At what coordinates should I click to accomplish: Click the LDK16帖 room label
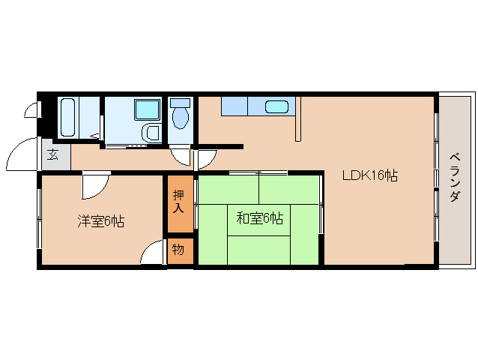(x=369, y=175)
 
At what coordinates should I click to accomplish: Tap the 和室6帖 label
(x=259, y=218)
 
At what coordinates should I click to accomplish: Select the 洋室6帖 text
(x=100, y=221)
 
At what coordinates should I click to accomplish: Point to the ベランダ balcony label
(x=455, y=177)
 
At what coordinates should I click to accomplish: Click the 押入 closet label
(x=178, y=201)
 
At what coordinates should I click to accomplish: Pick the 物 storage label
(x=178, y=250)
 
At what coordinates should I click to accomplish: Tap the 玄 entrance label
(x=53, y=156)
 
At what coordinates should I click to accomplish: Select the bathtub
(x=67, y=117)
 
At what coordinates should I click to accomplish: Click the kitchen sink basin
(x=278, y=106)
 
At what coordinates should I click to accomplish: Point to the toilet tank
(x=180, y=102)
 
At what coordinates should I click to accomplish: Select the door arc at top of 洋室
(x=96, y=183)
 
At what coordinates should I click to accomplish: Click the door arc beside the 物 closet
(x=153, y=253)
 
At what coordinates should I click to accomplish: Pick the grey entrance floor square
(x=56, y=155)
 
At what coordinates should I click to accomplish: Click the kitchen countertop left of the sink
(x=243, y=106)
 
